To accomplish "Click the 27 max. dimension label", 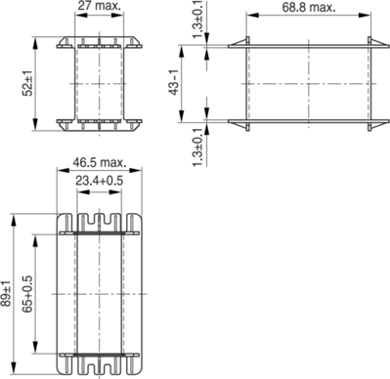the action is [x=100, y=6].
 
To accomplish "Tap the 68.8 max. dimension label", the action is [x=309, y=7].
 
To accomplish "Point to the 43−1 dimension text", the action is [x=175, y=83].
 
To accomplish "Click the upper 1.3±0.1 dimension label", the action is [x=198, y=20].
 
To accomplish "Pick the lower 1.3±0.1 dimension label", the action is [x=198, y=147].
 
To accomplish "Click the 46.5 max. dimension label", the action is [x=100, y=162].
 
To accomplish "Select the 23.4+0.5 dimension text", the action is [x=100, y=180].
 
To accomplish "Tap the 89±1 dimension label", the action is [x=6, y=293].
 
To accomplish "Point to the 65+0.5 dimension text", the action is [x=27, y=294].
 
